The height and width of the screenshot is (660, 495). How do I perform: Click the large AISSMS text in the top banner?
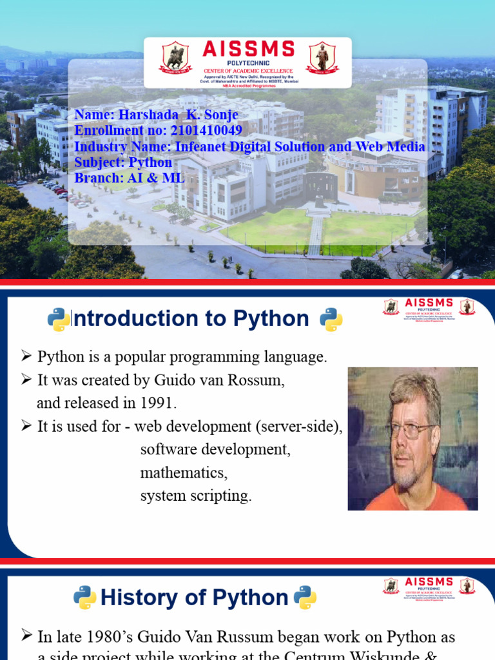click(248, 49)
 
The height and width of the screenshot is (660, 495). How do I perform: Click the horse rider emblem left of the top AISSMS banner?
click(173, 58)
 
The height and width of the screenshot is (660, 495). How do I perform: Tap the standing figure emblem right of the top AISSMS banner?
click(322, 58)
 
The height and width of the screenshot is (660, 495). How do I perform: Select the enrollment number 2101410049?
click(206, 131)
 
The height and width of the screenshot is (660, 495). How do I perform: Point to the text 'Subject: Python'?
click(123, 162)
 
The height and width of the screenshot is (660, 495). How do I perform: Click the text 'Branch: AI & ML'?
click(129, 178)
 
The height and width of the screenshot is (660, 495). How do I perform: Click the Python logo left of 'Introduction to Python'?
click(59, 320)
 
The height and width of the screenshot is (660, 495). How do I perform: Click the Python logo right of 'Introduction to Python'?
click(331, 320)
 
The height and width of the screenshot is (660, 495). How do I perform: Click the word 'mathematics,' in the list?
click(184, 473)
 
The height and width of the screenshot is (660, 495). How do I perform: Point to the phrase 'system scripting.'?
click(196, 496)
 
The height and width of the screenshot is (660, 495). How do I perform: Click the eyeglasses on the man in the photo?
click(410, 429)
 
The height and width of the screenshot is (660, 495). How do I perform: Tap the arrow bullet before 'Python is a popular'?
click(26, 356)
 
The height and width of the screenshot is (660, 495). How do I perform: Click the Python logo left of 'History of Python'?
click(84, 597)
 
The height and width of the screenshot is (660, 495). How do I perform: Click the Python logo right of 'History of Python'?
click(305, 597)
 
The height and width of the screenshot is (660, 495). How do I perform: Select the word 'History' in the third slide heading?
click(137, 597)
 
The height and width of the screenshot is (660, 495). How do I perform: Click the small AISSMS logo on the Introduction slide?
click(429, 306)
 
